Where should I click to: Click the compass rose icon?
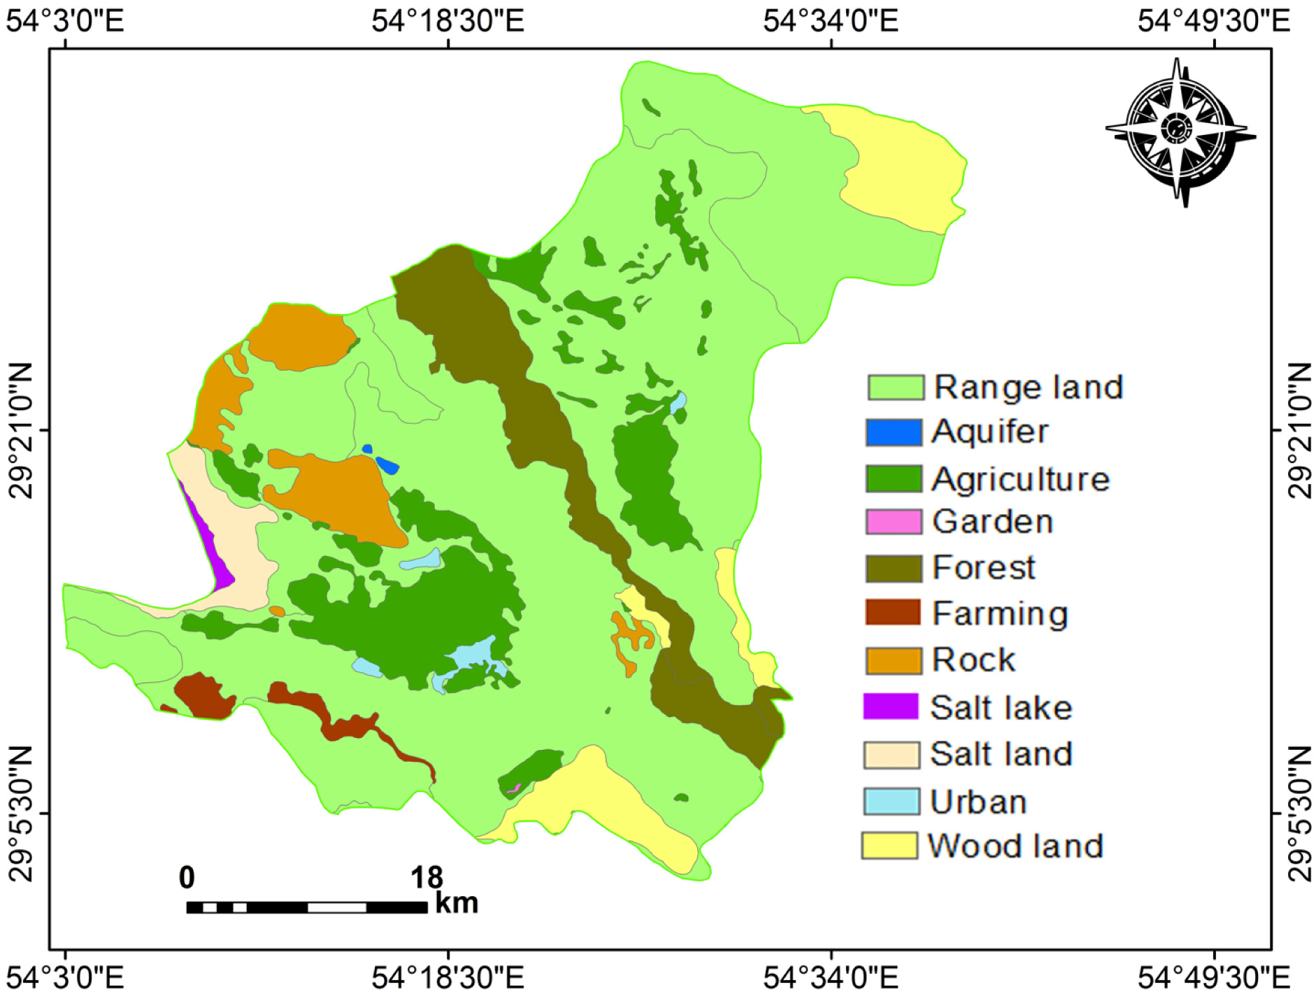click(x=1179, y=132)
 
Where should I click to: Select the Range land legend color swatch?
click(x=894, y=387)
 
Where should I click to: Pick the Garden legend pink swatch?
click(x=892, y=522)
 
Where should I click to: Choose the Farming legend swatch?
click(x=892, y=612)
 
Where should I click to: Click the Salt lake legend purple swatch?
click(x=890, y=707)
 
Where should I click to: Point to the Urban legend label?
click(x=977, y=802)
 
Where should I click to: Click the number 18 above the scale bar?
click(x=426, y=878)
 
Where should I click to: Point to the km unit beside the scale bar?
click(x=456, y=903)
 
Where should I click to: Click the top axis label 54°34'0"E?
click(x=830, y=21)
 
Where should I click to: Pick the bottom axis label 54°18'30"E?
click(x=448, y=977)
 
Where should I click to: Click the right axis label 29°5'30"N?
click(x=1299, y=814)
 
